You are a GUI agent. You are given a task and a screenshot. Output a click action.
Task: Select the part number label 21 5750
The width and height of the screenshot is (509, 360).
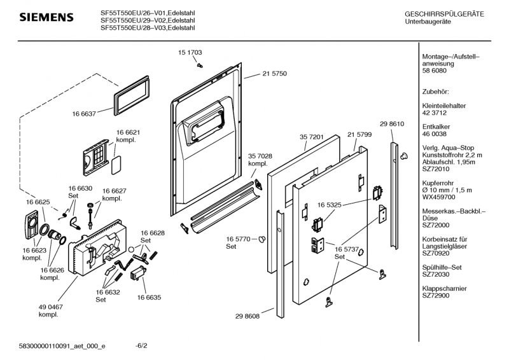[x=274, y=74]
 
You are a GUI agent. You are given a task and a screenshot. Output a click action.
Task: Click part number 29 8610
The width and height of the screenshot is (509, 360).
[x=392, y=123]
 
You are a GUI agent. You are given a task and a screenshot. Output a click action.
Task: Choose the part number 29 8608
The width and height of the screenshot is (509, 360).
[x=265, y=315]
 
